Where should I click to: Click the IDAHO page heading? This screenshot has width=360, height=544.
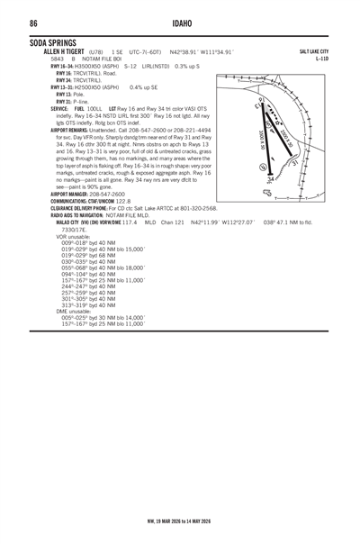[181, 23]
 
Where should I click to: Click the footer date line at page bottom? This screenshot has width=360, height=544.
[180, 520]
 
